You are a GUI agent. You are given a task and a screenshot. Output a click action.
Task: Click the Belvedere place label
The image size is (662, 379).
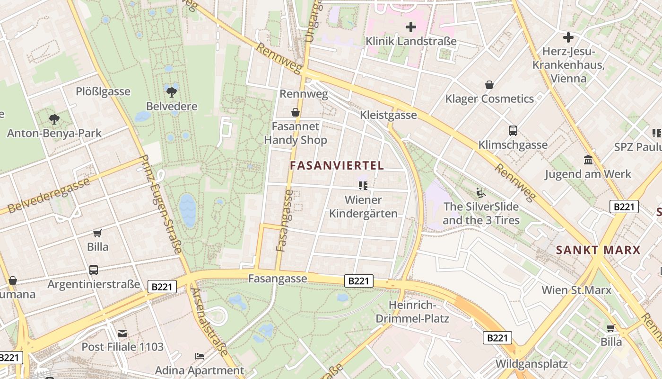coord(172,106)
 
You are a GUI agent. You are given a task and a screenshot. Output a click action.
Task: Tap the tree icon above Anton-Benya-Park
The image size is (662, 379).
coord(54,119)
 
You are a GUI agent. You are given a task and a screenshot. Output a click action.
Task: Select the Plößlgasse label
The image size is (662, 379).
coord(103,91)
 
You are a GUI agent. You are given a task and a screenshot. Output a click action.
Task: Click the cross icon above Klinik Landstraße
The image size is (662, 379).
coord(411,27)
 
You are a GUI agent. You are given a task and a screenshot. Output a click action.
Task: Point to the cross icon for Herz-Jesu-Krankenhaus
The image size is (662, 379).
coord(568,37)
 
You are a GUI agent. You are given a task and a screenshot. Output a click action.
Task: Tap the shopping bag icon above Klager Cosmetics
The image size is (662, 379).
coord(489,85)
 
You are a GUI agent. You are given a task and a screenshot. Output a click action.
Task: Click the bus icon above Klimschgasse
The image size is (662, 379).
coord(513,131)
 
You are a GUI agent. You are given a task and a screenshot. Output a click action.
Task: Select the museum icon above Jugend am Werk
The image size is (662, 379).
coord(588,160)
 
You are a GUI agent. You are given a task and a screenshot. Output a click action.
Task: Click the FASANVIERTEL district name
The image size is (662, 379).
coord(337,166)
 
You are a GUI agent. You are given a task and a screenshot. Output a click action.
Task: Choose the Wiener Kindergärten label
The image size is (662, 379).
coord(363,207)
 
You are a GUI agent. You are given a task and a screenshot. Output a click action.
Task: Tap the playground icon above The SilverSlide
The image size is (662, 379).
coord(481,193)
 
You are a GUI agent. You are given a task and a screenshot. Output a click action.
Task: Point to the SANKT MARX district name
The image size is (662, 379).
coord(598,250)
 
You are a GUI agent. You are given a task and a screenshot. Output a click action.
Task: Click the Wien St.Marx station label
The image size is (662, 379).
coord(576,290)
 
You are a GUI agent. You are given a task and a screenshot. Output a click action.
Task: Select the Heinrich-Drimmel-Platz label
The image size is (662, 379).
coord(412,311)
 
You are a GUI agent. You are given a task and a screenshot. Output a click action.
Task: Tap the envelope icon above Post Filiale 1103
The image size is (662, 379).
coord(122,333)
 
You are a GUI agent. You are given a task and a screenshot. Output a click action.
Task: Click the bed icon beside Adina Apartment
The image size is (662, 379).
coord(200,356)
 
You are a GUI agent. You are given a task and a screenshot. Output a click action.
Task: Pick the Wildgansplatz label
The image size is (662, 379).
coord(531,364)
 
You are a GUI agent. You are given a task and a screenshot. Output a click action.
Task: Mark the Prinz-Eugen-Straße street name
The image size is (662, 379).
coord(162,204)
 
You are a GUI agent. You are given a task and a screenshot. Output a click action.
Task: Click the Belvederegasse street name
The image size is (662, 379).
coord(49,195)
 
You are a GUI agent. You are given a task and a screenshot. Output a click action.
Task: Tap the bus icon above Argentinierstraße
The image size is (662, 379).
coord(94,270)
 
